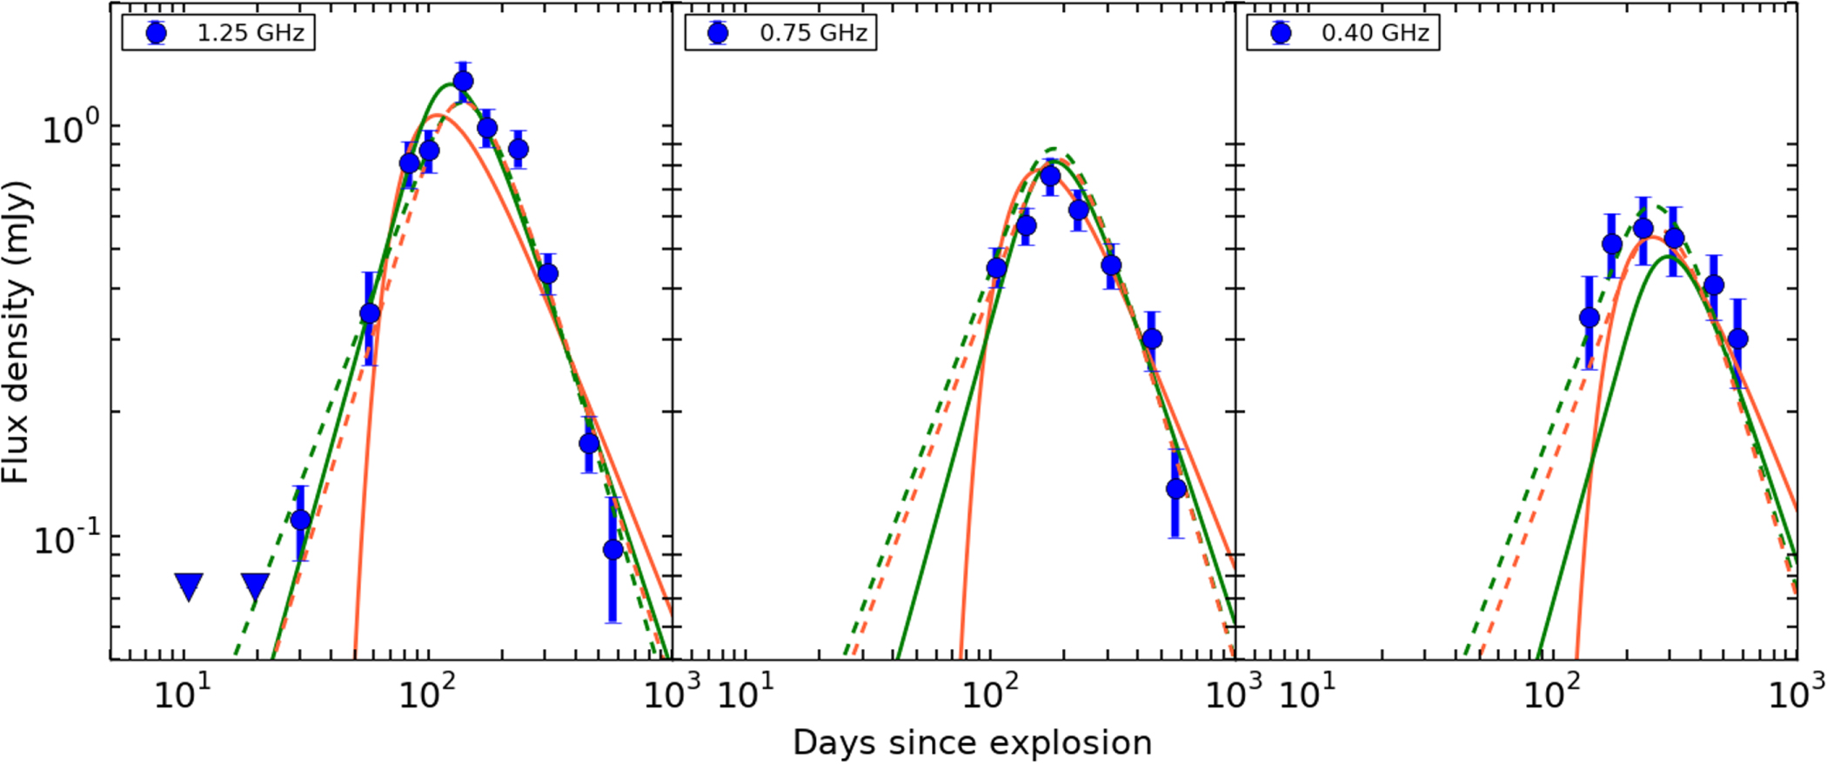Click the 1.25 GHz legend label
point(251,33)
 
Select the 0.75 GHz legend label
point(813,33)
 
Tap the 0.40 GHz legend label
point(1375,33)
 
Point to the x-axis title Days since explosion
point(972,742)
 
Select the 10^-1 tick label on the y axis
point(68,539)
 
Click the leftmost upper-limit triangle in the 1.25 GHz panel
point(189,586)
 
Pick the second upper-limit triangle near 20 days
point(255,586)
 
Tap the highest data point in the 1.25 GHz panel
point(463,82)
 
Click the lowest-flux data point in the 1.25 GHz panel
point(612,550)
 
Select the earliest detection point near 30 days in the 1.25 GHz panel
point(300,520)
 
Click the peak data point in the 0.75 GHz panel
point(1050,176)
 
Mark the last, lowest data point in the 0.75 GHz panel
point(1176,489)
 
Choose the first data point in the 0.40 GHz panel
point(1589,318)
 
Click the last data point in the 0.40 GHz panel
point(1737,338)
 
